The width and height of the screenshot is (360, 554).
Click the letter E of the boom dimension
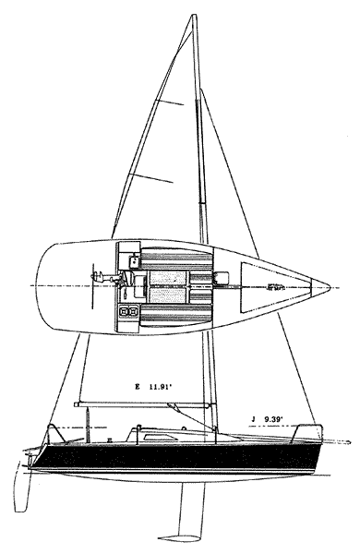tap(136, 388)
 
